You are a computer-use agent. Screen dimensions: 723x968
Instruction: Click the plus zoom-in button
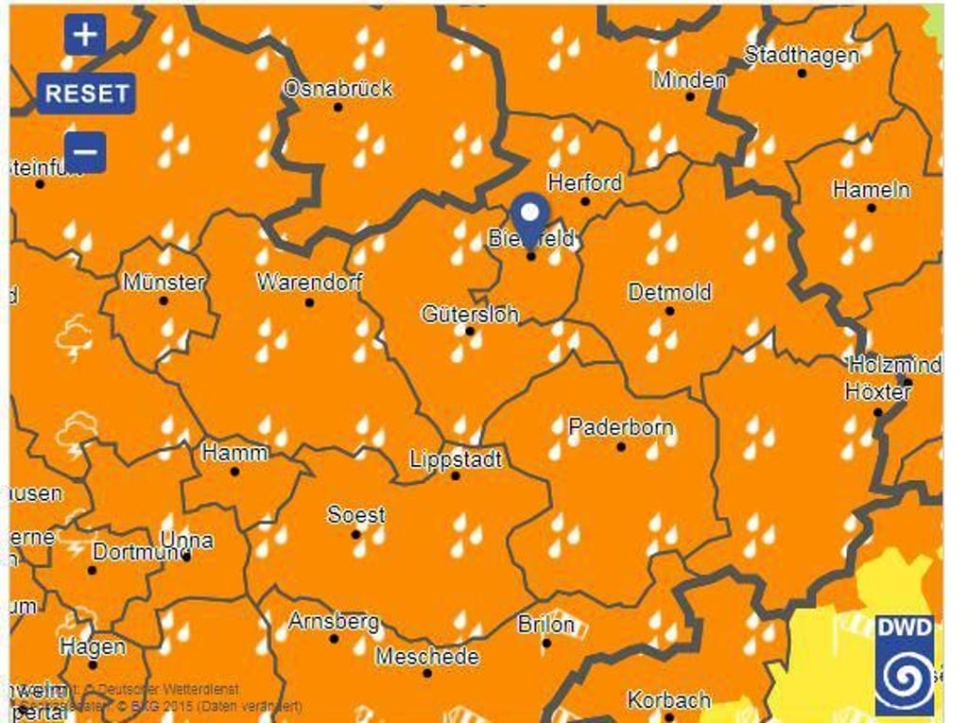point(85,36)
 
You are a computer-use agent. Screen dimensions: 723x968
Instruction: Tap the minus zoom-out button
point(85,151)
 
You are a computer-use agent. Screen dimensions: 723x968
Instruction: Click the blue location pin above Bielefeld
point(531,215)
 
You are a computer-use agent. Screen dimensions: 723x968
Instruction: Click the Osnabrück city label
point(337,88)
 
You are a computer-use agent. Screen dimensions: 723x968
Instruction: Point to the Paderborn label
point(621,427)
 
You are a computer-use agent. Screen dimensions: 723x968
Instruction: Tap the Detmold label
point(669,292)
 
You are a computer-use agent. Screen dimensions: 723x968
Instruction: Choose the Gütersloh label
point(470,313)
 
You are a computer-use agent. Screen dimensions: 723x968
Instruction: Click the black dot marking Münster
point(163,301)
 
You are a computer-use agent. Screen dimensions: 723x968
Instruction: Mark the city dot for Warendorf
point(308,302)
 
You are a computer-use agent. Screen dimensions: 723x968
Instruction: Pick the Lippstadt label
point(456,459)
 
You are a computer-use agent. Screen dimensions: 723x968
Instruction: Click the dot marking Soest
point(356,534)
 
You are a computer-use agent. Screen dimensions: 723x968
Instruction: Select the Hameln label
point(871,189)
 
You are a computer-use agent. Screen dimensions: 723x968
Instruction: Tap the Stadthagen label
point(802,55)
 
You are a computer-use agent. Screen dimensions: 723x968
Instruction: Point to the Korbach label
point(668,700)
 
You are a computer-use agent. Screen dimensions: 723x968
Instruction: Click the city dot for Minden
point(689,96)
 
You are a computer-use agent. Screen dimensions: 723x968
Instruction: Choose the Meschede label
point(427,656)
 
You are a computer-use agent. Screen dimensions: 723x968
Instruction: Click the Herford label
point(585,182)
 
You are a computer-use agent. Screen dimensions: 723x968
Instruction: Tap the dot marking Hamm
point(234,471)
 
